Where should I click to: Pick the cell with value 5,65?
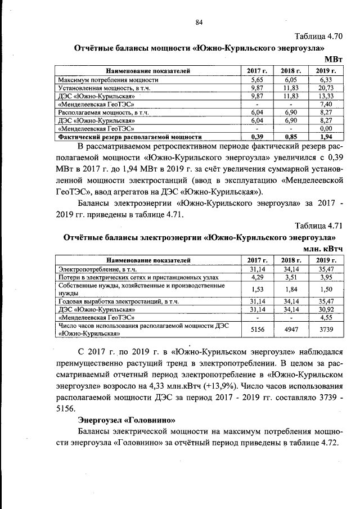tap(257, 80)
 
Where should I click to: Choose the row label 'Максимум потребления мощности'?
tap(108, 80)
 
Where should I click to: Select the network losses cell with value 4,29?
tap(257, 277)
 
